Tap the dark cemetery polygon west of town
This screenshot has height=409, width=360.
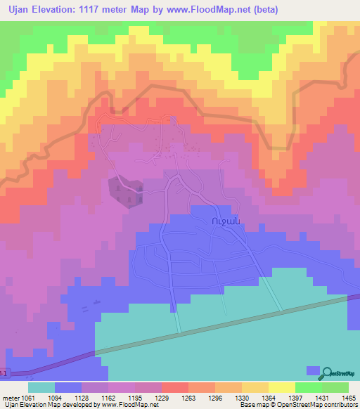tap(126, 190)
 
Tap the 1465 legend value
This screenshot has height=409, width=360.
tap(340, 397)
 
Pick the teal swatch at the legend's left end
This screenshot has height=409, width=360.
tap(41, 387)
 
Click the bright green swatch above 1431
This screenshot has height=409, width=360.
tap(309, 387)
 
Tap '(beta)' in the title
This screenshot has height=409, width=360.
tap(264, 10)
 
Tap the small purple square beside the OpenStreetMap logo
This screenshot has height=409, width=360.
tap(312, 370)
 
